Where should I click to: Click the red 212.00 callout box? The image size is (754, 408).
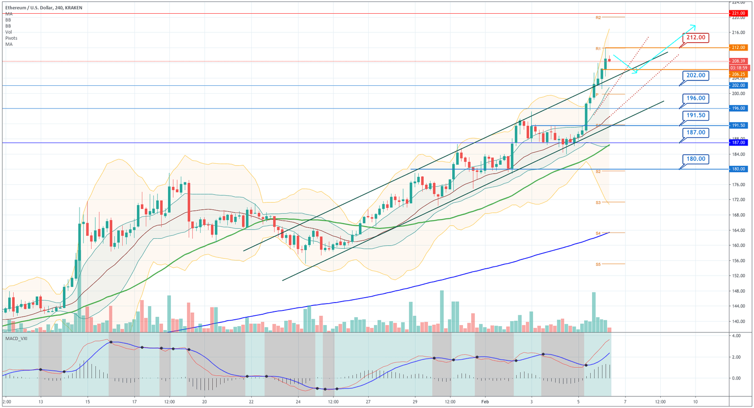pyautogui.click(x=696, y=37)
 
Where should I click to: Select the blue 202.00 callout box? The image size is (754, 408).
pyautogui.click(x=696, y=76)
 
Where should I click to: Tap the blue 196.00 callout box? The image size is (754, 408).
pyautogui.click(x=696, y=98)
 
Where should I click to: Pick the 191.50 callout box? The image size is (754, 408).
pyautogui.click(x=696, y=115)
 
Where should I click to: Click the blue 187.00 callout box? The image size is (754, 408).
pyautogui.click(x=696, y=132)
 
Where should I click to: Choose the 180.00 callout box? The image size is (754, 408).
pyautogui.click(x=696, y=159)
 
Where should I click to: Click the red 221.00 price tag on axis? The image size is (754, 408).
pyautogui.click(x=738, y=13)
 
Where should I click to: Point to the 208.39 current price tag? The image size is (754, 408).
pyautogui.click(x=738, y=61)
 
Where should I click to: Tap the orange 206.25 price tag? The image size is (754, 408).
pyautogui.click(x=738, y=74)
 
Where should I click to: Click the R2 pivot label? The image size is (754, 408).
pyautogui.click(x=598, y=18)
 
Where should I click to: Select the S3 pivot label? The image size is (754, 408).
pyautogui.click(x=598, y=202)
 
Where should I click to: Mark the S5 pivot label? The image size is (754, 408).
pyautogui.click(x=598, y=264)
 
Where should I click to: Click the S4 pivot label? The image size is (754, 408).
pyautogui.click(x=598, y=233)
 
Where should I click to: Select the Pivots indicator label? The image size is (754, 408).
pyautogui.click(x=11, y=38)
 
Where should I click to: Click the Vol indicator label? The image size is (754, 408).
pyautogui.click(x=9, y=32)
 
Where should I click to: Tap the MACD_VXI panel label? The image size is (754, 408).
pyautogui.click(x=16, y=338)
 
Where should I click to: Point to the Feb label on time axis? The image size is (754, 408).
pyautogui.click(x=485, y=401)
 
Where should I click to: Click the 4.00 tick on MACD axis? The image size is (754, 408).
pyautogui.click(x=736, y=336)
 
